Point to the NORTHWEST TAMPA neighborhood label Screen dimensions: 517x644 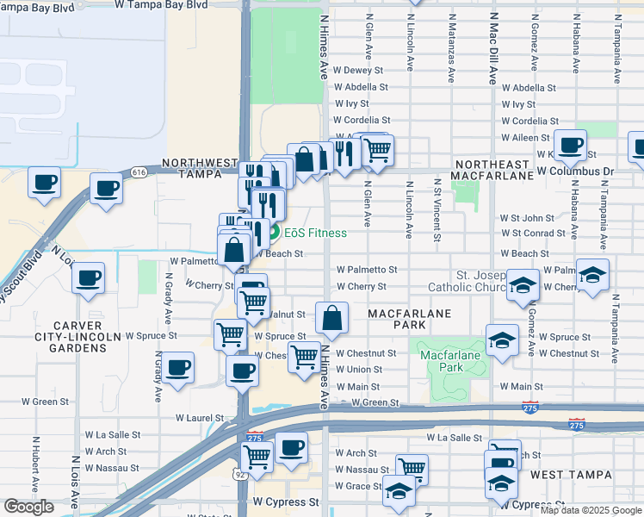click(199, 168)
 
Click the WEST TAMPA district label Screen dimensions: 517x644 click(571, 475)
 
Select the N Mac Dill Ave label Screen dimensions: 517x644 click(493, 48)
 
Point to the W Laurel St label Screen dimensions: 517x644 click(199, 418)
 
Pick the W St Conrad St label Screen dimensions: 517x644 click(539, 234)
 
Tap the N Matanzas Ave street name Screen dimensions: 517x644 click(451, 48)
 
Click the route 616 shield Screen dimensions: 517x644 click(139, 173)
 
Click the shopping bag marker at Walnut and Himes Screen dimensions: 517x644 click(331, 319)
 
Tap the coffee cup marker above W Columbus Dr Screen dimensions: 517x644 click(570, 146)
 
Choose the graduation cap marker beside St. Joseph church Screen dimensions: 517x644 click(523, 285)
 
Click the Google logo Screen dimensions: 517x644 click(28, 507)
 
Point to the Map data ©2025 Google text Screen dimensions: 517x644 click(590, 510)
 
